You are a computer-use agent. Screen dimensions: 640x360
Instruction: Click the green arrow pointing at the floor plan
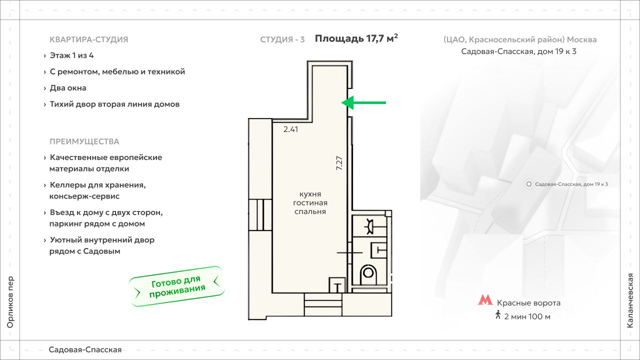[x=363, y=103]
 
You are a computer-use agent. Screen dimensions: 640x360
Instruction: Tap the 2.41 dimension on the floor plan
[x=290, y=129]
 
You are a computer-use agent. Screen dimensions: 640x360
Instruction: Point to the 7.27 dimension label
[x=339, y=163]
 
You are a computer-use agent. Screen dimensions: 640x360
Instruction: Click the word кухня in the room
[x=310, y=194]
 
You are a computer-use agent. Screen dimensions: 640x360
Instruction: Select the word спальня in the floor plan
[x=310, y=211]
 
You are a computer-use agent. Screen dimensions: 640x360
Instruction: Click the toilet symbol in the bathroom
[x=368, y=274]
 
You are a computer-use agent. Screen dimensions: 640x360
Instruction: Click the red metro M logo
[x=485, y=299]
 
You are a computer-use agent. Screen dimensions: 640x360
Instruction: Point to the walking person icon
[x=498, y=314]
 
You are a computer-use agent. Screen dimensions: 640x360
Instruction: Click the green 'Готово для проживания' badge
[x=176, y=286]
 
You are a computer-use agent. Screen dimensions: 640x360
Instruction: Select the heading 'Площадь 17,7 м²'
[x=356, y=38]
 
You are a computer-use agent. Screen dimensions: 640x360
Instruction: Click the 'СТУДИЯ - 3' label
[x=282, y=39]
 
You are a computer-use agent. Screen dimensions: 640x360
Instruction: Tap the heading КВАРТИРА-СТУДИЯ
[x=89, y=39]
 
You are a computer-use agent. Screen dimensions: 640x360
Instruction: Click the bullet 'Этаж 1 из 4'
[x=71, y=55]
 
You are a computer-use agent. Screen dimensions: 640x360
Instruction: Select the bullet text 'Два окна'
[x=68, y=88]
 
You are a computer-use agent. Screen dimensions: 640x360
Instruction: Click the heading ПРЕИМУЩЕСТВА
[x=84, y=141]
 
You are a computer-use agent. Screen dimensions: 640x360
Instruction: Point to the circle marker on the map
[x=529, y=184]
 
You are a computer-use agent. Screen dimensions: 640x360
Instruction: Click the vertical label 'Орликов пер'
[x=10, y=302]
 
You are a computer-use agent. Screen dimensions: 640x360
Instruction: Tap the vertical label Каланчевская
[x=630, y=300]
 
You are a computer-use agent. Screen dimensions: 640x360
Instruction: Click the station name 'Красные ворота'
[x=528, y=303]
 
